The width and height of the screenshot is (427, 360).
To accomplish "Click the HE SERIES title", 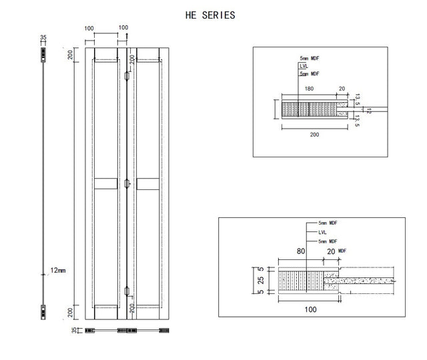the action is point(210,15).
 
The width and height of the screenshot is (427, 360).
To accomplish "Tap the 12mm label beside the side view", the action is point(58,270).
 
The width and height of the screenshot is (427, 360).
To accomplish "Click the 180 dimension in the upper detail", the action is point(309,89).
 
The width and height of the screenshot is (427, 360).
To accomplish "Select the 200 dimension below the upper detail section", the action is point(314,135).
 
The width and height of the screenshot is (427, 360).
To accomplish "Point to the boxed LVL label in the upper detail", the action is point(304,66).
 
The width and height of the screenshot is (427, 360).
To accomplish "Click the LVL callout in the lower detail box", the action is point(322,232).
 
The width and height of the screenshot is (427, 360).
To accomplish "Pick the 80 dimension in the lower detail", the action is point(301,251).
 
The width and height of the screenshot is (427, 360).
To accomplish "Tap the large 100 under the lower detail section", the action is point(310,309).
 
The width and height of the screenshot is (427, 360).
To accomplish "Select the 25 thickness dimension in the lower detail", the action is point(261,280).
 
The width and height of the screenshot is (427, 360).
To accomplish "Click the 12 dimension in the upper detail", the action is point(369,111).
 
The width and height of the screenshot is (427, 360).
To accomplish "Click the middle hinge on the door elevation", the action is point(127,184).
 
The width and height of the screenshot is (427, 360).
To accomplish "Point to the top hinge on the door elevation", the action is point(127,76).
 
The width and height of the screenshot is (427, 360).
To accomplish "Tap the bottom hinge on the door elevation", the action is point(127,291).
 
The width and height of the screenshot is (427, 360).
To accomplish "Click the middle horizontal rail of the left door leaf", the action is point(106,184).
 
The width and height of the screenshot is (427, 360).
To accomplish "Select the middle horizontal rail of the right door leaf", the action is point(148,184).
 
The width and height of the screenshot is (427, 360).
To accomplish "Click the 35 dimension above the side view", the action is point(43,37).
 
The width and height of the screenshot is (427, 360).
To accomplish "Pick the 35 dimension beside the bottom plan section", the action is point(74,330).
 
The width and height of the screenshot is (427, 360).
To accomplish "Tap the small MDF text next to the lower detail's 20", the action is point(342,251).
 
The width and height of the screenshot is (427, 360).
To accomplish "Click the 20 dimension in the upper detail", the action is point(342,89).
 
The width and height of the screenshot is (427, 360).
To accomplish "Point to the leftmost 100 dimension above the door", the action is point(89,29).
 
